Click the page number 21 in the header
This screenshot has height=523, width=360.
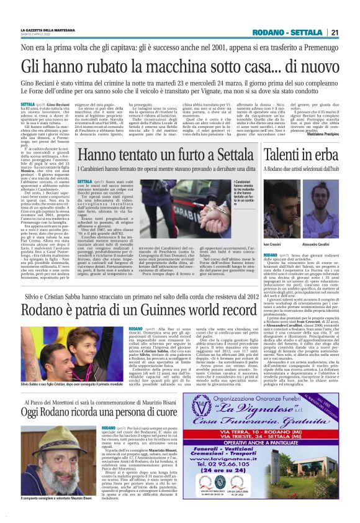tap(334, 34)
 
